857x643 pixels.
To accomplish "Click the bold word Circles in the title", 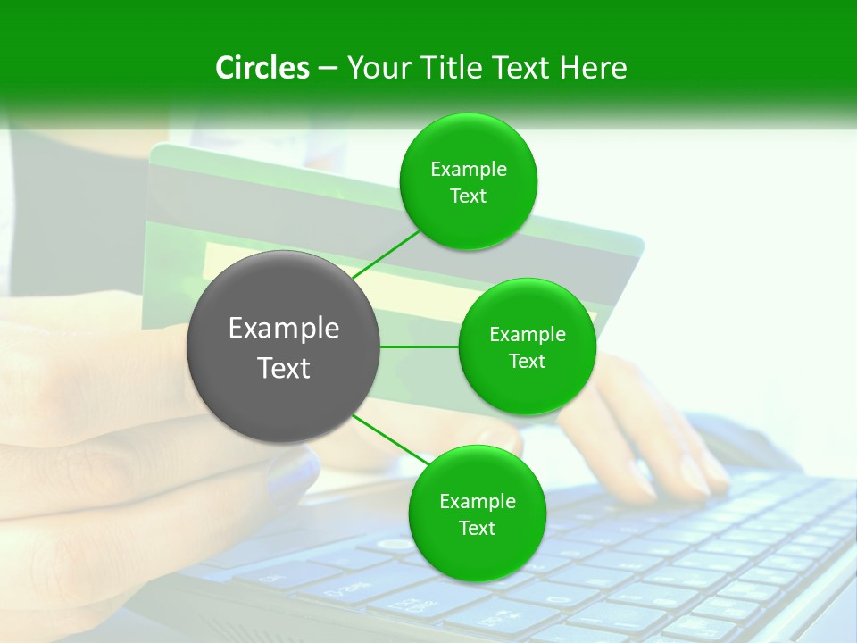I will [x=262, y=68].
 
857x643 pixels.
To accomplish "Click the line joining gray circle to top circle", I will [x=387, y=255].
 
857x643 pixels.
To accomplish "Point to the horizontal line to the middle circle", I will [x=420, y=347].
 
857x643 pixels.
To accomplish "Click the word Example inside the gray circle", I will [x=284, y=329].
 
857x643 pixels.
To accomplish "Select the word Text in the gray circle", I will [x=284, y=368].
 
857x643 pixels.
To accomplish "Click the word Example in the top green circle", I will [x=469, y=170].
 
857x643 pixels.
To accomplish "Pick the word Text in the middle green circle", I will [x=528, y=362].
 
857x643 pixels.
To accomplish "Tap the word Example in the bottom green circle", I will [x=477, y=502].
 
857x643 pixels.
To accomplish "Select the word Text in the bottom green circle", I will [x=477, y=529].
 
